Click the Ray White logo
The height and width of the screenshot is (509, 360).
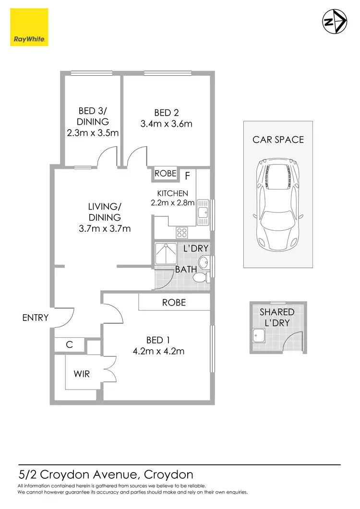(x=29, y=27)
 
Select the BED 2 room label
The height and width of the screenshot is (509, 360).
(x=166, y=113)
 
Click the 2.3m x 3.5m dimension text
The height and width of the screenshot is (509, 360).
(x=93, y=133)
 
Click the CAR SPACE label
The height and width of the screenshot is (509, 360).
(x=278, y=140)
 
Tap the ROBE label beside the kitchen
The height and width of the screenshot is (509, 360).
(x=166, y=174)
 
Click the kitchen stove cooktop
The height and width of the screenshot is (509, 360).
(x=182, y=233)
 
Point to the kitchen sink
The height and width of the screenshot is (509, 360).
(x=203, y=211)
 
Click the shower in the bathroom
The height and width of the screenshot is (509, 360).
(x=165, y=254)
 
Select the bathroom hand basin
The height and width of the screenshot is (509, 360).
(x=204, y=262)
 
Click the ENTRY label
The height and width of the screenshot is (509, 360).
(x=36, y=317)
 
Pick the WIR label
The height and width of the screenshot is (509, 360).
(x=82, y=374)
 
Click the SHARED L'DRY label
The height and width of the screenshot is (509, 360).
(x=277, y=317)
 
